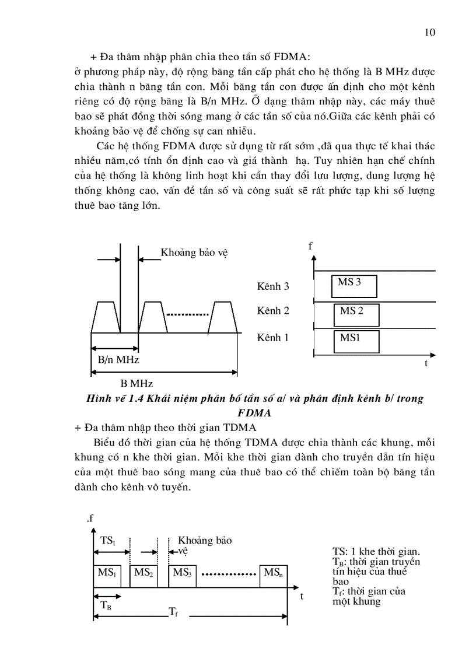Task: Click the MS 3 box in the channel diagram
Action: [353, 286]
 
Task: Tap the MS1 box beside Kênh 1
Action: [356, 341]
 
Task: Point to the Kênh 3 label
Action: [273, 286]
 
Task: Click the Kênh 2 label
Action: [273, 311]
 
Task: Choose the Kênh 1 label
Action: [273, 338]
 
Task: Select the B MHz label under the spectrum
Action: [136, 383]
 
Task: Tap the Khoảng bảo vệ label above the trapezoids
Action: [194, 253]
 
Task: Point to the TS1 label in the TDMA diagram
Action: [108, 541]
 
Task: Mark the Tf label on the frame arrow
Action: [173, 612]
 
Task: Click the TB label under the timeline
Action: [106, 605]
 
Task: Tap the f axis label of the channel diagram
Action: [311, 246]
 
